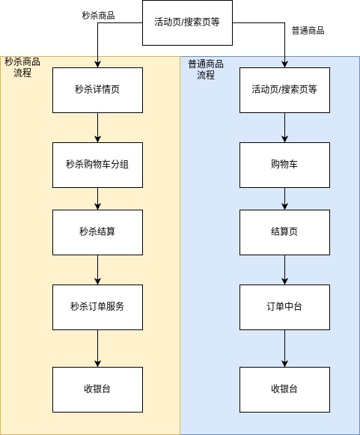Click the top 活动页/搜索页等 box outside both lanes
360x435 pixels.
click(187, 22)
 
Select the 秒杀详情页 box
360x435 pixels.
click(97, 90)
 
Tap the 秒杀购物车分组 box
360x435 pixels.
click(97, 165)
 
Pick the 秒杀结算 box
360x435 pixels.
click(97, 232)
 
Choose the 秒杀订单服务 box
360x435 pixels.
click(97, 307)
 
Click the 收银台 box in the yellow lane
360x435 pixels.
click(97, 389)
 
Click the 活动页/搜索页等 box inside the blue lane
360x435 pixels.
click(284, 90)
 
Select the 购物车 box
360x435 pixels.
click(284, 165)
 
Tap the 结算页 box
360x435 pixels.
click(284, 232)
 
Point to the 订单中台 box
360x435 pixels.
click(284, 307)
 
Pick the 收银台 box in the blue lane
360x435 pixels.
click(284, 389)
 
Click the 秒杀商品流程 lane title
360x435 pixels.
click(22, 67)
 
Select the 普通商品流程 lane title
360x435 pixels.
click(206, 70)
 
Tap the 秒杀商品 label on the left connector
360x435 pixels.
click(99, 15)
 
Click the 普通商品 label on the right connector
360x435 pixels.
click(308, 30)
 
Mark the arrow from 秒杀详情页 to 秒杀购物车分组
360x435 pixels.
click(97, 127)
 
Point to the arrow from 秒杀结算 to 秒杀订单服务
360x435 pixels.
click(97, 270)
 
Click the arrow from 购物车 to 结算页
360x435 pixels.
click(284, 198)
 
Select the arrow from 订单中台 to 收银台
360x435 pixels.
click(284, 348)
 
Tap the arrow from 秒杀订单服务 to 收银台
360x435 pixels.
click(97, 348)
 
